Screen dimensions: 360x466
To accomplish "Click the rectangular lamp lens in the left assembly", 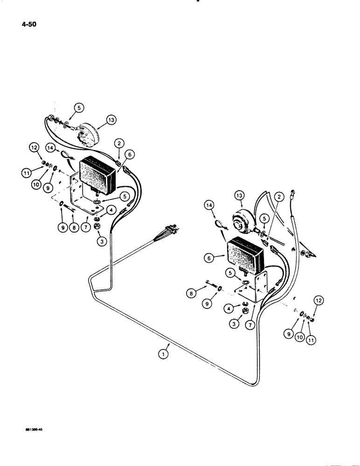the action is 97,174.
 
